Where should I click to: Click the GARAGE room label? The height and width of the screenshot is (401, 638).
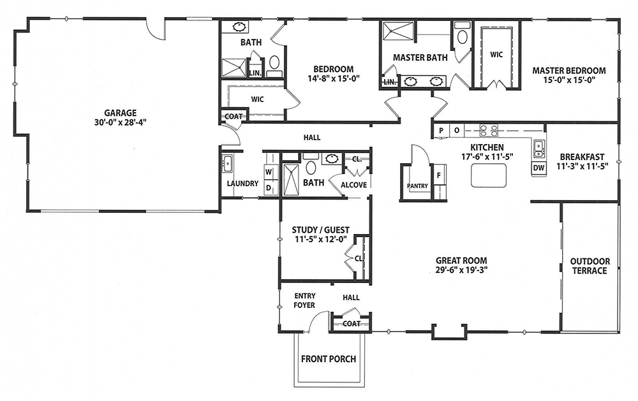[x=120, y=113]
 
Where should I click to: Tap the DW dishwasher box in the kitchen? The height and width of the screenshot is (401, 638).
[x=538, y=168]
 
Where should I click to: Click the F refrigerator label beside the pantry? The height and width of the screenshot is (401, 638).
[x=439, y=176]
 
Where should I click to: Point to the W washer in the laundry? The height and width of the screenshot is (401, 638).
[x=269, y=172]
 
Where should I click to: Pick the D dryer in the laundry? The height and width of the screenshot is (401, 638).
[x=269, y=187]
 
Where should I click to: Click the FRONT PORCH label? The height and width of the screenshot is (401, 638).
[x=329, y=359]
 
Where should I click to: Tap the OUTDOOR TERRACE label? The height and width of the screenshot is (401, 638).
[x=590, y=266]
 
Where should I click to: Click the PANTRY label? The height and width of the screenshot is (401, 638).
[x=417, y=186]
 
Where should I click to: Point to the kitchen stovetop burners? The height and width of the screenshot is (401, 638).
[x=489, y=130]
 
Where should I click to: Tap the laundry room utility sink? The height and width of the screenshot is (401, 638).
[x=227, y=164]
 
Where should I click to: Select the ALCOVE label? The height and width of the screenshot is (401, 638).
[x=353, y=185]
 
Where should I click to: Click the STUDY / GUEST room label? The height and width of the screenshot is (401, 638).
[x=321, y=230]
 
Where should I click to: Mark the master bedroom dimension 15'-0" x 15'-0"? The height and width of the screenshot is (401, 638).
[x=569, y=80]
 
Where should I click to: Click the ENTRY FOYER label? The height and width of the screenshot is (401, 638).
[x=305, y=300]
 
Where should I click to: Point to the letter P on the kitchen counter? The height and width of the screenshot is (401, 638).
[x=441, y=131]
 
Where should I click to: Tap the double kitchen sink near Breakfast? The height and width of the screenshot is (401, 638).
[x=538, y=148]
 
